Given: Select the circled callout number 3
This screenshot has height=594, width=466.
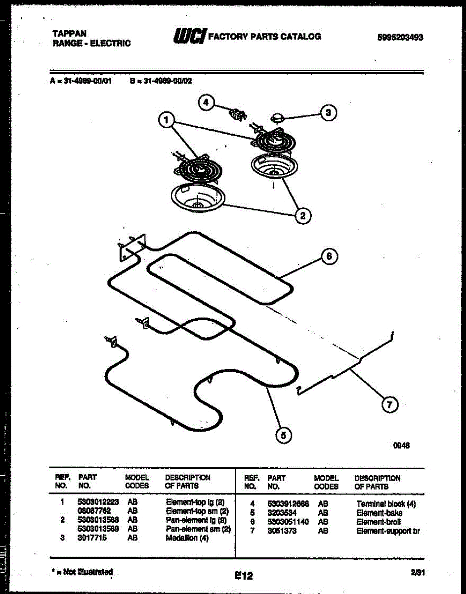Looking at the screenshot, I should pos(328,113).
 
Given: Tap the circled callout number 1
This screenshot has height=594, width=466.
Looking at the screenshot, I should pos(167,119).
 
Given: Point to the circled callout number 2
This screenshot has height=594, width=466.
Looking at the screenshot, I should pos(303,215).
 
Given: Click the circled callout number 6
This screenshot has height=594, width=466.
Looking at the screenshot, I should pos(329,256).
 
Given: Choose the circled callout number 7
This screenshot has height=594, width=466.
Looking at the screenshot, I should pos(389,405).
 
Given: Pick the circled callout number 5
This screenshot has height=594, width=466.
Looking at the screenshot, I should pos(283,436).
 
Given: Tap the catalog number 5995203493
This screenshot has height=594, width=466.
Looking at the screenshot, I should pos(400,37).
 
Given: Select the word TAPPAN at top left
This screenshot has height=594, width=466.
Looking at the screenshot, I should pos(69,33).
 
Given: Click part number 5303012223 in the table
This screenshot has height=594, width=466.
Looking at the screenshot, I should pos(98,501).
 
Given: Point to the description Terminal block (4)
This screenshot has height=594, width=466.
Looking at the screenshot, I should pos(386,504).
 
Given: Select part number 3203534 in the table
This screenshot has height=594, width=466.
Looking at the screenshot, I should pos(282,513).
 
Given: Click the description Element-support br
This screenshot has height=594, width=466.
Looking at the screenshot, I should pos(388,531).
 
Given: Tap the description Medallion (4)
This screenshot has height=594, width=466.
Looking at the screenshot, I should pos(187,538).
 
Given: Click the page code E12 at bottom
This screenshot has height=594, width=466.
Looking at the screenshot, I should pos(244,576).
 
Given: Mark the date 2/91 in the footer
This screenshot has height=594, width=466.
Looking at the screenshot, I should pos(418,573).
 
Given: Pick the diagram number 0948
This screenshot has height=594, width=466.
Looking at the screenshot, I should pos(402,445).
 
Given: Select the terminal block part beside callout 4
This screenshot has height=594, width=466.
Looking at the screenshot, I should pos(237,114).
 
